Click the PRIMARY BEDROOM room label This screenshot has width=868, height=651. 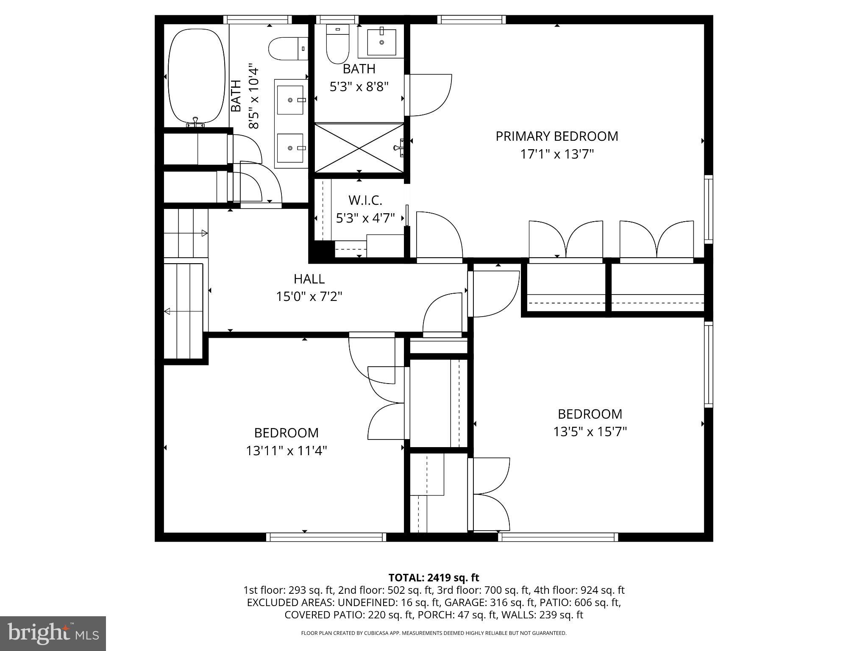coord(556,136)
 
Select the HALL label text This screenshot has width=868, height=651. coord(309,279)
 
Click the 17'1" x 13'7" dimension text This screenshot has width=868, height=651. coord(556,154)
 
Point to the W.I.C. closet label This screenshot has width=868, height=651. coord(365,200)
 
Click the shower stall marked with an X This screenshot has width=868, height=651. coord(359,148)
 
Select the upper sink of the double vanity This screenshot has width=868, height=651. coord(290,100)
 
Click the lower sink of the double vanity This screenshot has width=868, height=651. coord(290,148)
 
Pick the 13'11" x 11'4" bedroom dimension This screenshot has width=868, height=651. coord(287,451)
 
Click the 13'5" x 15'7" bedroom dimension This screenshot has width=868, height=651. coord(590,432)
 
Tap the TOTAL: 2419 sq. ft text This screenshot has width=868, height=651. coord(434,578)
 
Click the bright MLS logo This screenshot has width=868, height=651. coord(53,633)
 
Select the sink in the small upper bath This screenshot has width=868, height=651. coord(381,42)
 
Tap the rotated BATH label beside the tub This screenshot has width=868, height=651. coord(236,96)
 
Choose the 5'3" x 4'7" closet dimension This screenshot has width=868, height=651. coord(365,218)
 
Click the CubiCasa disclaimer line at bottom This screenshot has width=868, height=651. coord(434,633)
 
